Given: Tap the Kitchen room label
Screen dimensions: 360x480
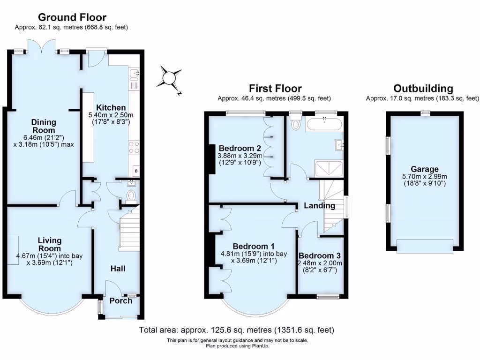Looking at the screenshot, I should [111, 107].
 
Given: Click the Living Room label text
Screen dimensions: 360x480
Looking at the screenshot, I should [50, 244].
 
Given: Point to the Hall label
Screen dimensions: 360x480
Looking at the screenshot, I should [118, 269].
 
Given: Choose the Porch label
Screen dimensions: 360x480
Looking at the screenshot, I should [121, 300].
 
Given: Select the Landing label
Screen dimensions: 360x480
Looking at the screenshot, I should [319, 205].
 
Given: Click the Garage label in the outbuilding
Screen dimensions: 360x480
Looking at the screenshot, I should [425, 169].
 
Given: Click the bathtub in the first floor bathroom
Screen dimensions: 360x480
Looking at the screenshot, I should [325, 124].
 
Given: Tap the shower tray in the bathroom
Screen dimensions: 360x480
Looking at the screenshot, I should [328, 168].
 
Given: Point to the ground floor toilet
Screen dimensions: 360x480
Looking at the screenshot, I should [131, 195].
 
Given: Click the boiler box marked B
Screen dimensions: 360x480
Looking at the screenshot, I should [136, 171].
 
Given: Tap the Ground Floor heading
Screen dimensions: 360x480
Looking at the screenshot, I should [72, 18].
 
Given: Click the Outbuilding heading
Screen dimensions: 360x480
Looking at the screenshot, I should [423, 89].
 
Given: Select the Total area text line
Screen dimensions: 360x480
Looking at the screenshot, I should [237, 330].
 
